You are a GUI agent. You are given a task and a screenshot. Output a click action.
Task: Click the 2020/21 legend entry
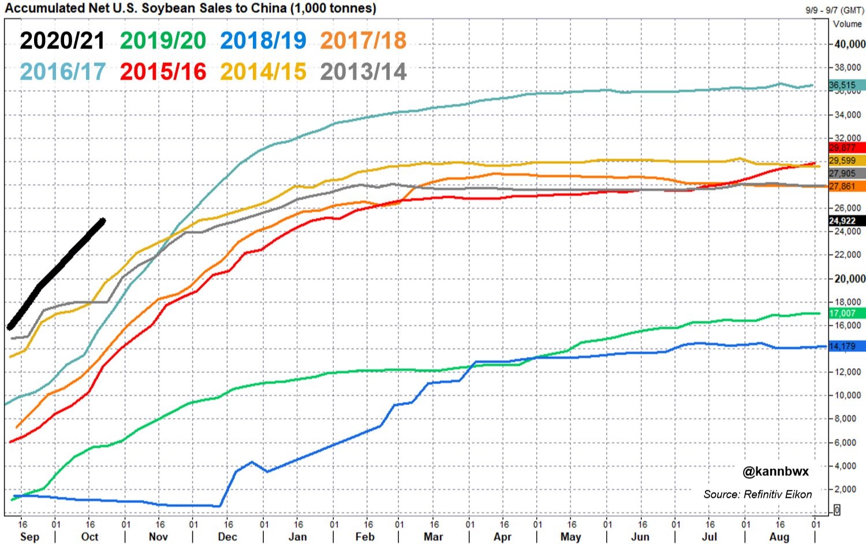coord(62,40)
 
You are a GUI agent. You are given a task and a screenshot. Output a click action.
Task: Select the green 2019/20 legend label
coord(163,40)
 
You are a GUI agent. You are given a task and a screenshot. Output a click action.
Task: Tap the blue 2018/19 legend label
coord(263,40)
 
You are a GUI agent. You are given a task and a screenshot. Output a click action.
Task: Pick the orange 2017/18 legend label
coord(363,40)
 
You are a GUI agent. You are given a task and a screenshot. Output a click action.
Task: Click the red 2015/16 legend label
coord(163,72)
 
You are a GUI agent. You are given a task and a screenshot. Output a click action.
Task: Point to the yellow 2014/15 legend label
coord(263,72)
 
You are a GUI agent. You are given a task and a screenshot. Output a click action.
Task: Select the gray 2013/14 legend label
coord(363,72)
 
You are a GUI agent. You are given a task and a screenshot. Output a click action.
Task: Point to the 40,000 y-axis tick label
coord(849,44)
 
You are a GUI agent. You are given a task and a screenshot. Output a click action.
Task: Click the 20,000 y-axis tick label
coord(849,279)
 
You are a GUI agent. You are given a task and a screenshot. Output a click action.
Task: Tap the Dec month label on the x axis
coord(227,537)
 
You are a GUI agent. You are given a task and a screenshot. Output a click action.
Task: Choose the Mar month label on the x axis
coord(434,537)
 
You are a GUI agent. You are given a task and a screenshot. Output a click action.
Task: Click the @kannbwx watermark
coord(775,471)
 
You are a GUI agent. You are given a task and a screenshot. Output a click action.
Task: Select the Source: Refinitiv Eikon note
coord(757,494)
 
